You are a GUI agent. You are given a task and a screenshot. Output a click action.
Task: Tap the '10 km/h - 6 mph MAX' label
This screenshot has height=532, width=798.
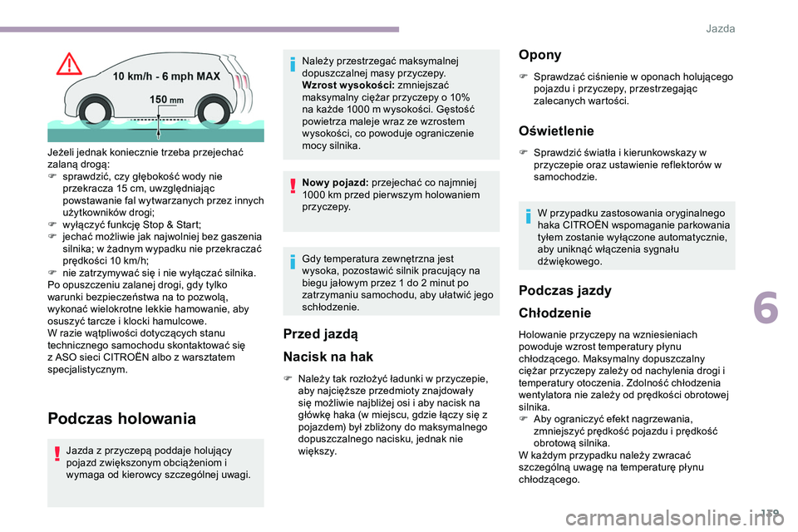[x=166, y=76]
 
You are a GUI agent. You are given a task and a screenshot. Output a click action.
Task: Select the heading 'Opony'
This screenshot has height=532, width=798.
[x=539, y=55]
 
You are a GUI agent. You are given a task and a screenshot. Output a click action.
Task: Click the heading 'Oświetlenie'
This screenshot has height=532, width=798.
[x=556, y=131]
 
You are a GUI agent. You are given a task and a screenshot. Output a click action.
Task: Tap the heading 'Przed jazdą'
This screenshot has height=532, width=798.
[x=320, y=334]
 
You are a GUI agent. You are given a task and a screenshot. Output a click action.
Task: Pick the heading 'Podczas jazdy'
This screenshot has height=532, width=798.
[x=564, y=291]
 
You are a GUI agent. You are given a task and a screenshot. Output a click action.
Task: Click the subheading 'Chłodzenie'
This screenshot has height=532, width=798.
[x=554, y=313]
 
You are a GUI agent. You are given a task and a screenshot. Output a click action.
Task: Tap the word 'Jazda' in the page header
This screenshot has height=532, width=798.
[x=720, y=28]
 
